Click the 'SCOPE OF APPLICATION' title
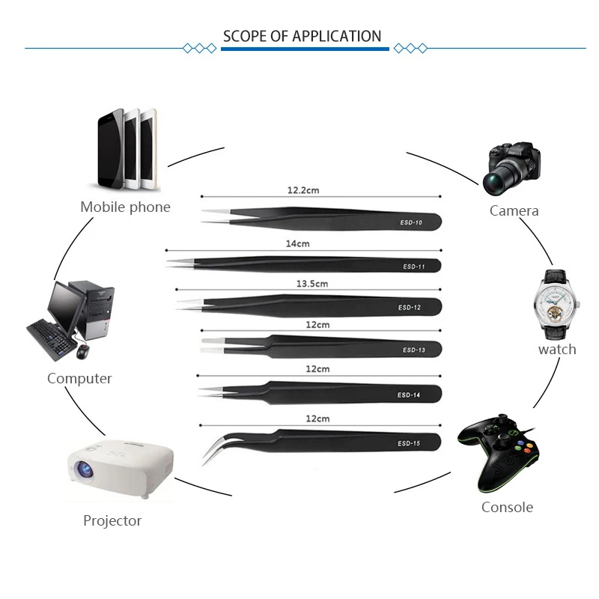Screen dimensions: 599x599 [x=302, y=36]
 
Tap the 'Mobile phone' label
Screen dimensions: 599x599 [x=125, y=207]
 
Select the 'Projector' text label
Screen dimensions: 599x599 [x=112, y=520]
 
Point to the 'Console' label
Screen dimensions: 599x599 [x=507, y=507]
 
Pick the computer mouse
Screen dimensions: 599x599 [x=82, y=351]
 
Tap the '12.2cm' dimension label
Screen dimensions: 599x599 [x=303, y=190]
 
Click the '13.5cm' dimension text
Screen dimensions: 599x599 [x=311, y=284]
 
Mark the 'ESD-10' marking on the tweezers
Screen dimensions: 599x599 [x=410, y=222]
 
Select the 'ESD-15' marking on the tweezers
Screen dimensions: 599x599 [x=409, y=444]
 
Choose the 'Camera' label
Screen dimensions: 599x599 [x=514, y=211]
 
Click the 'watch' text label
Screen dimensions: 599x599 [x=557, y=350]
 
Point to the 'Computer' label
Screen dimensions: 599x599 [x=79, y=378]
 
